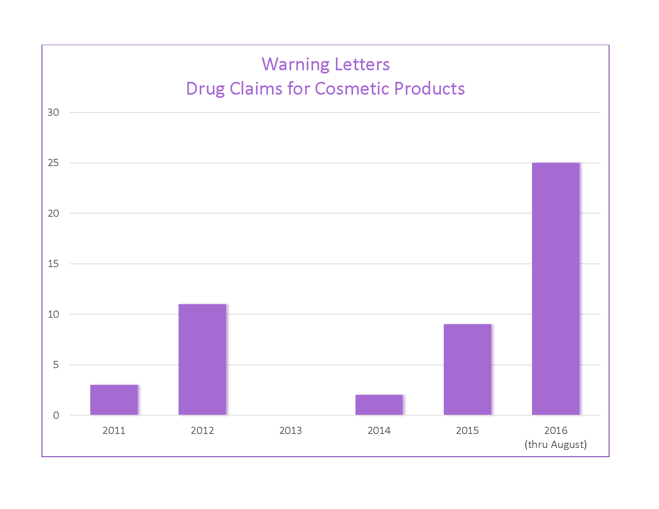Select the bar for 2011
point(114,400)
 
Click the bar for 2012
point(202,359)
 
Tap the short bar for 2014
point(379,405)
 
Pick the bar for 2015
point(467,369)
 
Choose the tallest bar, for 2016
point(556,289)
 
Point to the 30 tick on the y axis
point(53,113)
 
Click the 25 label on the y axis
point(53,163)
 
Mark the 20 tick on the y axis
point(53,214)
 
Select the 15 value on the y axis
point(53,264)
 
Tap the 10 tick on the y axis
point(53,315)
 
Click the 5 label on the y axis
point(56,365)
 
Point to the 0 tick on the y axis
point(56,416)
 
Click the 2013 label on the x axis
point(291,431)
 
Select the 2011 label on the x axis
point(114,431)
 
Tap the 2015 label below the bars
point(467,431)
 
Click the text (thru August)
point(556,445)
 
